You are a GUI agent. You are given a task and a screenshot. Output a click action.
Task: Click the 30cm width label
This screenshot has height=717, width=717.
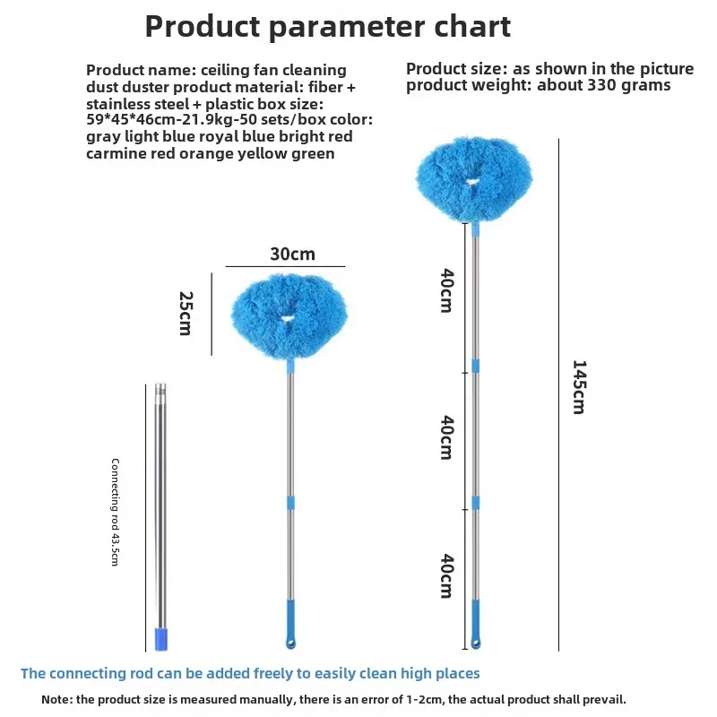(293, 254)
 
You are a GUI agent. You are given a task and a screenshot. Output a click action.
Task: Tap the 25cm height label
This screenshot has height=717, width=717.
(186, 313)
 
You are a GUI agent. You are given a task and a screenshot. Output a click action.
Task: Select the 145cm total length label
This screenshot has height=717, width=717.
(579, 387)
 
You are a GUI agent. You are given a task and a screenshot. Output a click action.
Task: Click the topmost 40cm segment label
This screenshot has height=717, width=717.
(446, 290)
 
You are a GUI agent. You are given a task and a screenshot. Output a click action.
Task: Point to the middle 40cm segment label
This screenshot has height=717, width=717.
(446, 437)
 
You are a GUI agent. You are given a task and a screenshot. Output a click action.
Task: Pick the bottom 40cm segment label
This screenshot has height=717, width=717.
(446, 575)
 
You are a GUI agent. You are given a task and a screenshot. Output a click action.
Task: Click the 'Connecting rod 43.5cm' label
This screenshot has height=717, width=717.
(116, 512)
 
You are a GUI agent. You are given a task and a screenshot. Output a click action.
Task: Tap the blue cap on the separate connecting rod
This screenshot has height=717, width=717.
(161, 639)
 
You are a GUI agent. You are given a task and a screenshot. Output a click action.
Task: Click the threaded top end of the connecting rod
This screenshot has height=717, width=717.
(160, 390)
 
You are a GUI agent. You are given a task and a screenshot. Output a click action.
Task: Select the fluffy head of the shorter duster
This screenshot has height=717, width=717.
(289, 316)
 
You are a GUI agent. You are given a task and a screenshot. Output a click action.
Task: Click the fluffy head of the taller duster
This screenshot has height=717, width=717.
(474, 179)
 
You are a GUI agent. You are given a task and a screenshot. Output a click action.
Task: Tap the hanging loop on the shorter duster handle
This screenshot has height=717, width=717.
(290, 644)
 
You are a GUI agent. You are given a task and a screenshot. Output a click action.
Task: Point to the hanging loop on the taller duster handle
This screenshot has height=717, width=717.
(476, 644)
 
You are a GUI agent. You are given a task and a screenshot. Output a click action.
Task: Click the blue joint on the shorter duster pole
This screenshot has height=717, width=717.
(290, 503)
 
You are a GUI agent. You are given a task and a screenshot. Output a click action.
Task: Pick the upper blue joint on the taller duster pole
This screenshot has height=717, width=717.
(476, 366)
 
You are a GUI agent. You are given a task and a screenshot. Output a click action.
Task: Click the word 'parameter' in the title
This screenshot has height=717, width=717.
(347, 27)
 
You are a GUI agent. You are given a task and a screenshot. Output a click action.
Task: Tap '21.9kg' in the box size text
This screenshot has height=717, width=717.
(208, 120)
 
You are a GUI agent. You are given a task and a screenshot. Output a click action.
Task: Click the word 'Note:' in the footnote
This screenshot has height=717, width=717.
(56, 700)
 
